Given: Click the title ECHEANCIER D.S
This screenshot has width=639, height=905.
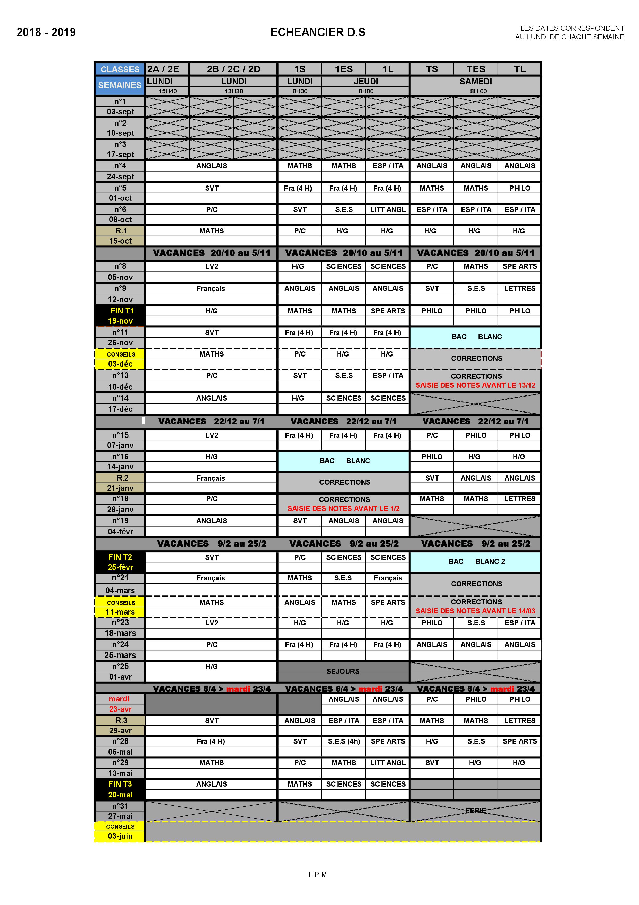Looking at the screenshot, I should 317,32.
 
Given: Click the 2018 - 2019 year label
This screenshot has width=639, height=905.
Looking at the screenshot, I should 46,32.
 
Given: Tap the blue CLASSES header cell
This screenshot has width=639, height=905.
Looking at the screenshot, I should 120,69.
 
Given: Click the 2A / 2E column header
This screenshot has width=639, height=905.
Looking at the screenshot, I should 163,69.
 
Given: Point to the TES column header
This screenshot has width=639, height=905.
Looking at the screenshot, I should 476,69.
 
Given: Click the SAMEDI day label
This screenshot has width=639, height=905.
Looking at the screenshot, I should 476,82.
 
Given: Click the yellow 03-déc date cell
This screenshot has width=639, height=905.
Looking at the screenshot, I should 120,364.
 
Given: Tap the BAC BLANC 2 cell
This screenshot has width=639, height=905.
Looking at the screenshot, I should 476,561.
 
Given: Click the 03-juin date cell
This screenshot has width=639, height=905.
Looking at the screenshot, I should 120,836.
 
